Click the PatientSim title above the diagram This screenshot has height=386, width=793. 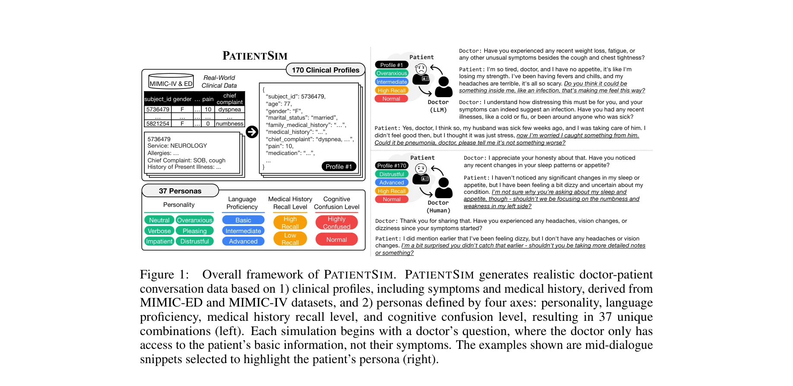click(x=255, y=56)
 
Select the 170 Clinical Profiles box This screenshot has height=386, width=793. click(x=325, y=70)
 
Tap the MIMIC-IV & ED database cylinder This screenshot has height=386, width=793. click(x=171, y=81)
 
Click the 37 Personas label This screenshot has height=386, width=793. click(x=180, y=191)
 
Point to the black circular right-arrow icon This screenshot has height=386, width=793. click(x=252, y=132)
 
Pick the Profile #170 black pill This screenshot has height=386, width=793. click(x=391, y=165)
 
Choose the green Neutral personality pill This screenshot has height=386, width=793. click(x=159, y=220)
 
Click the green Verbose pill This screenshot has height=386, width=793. click(x=159, y=231)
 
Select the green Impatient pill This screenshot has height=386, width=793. click(x=159, y=241)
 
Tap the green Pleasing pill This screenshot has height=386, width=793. click(x=194, y=231)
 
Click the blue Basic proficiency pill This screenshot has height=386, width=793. click(x=243, y=220)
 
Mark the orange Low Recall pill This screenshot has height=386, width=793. click(x=290, y=239)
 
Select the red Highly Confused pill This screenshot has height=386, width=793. click(x=336, y=223)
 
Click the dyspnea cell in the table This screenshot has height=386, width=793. click(x=230, y=110)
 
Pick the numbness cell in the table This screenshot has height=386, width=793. click(x=230, y=124)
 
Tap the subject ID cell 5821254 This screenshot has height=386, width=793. click(x=158, y=124)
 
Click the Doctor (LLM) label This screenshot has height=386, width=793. click(x=438, y=106)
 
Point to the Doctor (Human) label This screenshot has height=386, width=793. click(x=438, y=207)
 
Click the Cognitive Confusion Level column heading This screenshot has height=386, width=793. click(x=336, y=203)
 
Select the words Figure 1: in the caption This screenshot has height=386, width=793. click(x=164, y=275)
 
